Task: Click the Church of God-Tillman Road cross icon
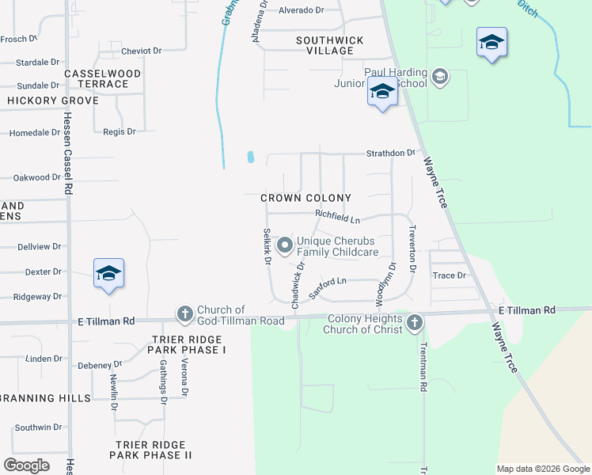coord(184,315)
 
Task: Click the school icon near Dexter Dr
coord(108,273)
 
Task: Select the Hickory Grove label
coord(53,101)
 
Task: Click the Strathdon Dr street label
coord(390,153)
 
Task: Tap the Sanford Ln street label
coord(328,286)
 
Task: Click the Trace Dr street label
coord(450,275)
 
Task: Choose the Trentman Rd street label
coord(423,368)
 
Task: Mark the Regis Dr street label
coord(120,131)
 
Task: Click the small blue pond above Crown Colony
coord(251,157)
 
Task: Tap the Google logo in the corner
coord(27,465)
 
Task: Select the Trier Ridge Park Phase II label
coord(150,450)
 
